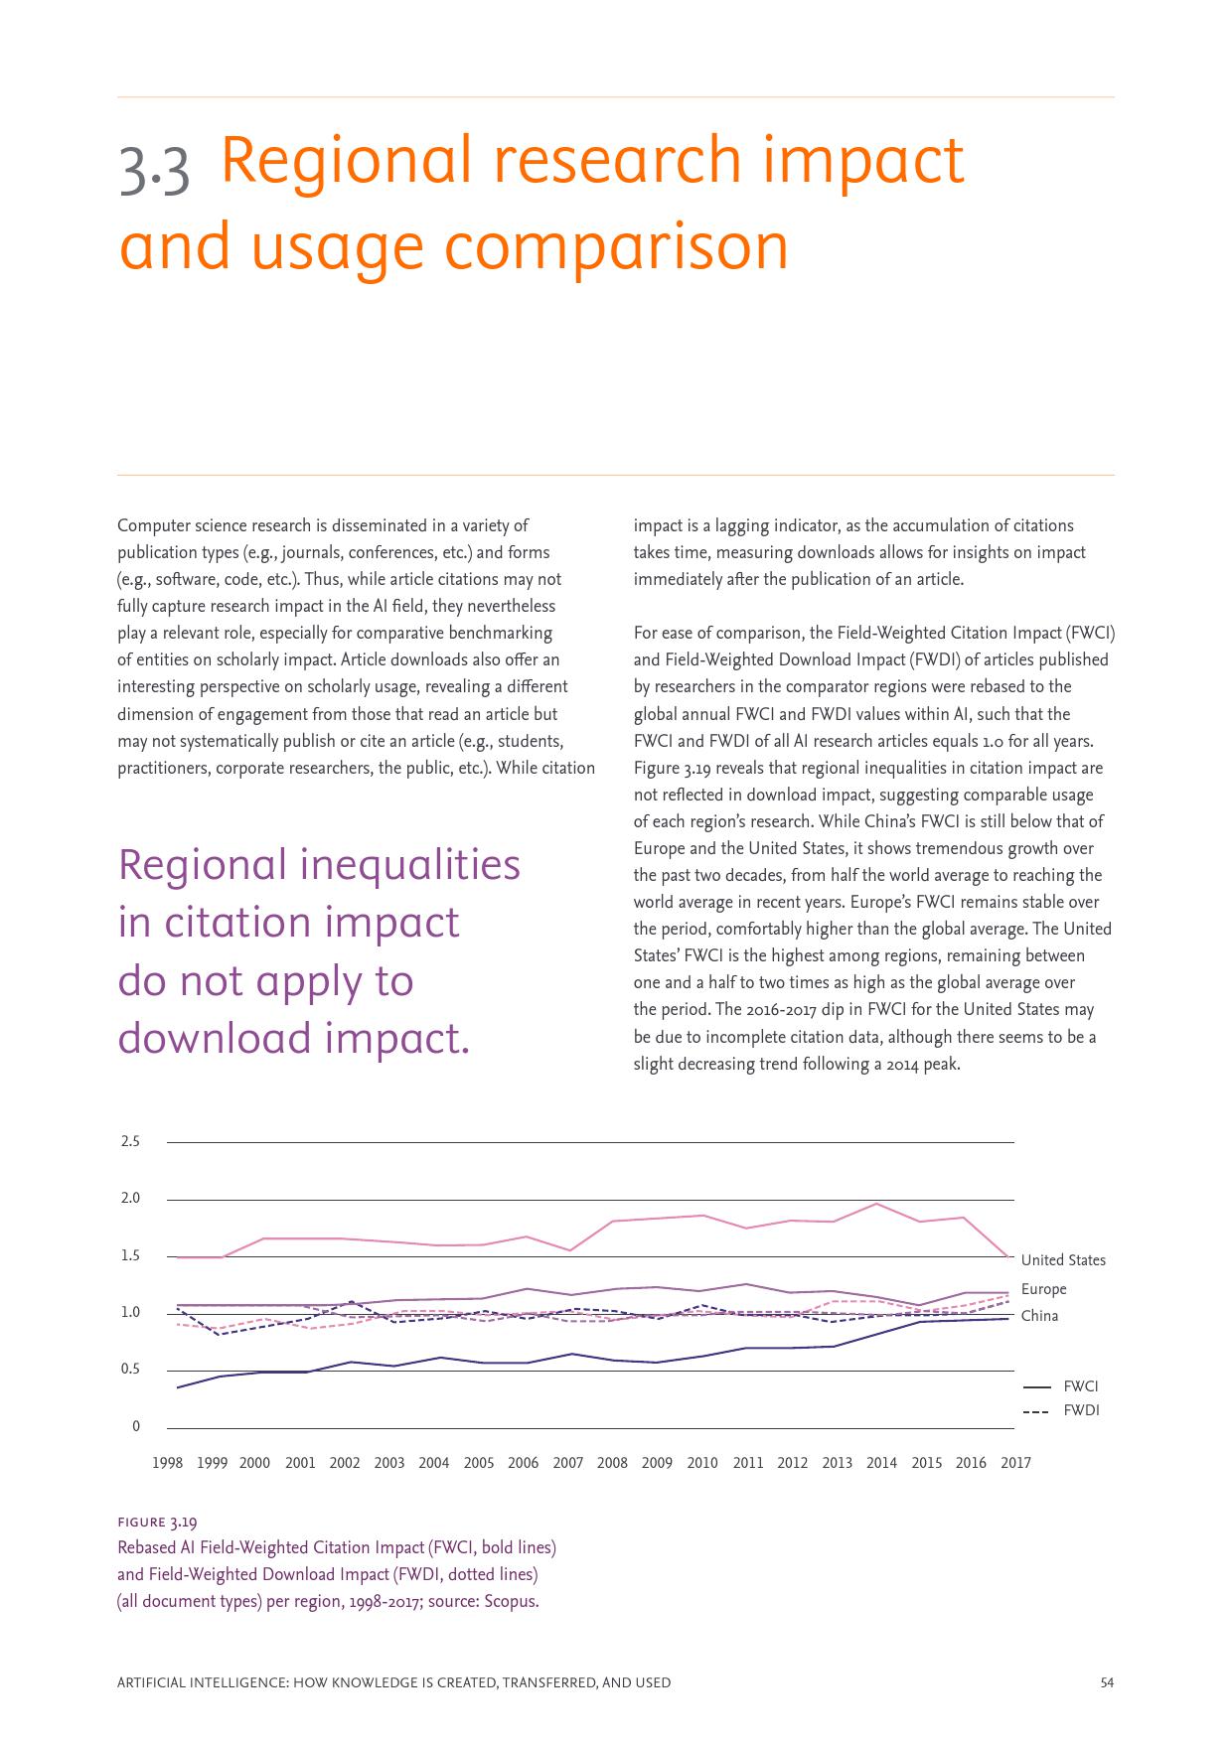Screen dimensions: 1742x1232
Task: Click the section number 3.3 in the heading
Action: point(154,169)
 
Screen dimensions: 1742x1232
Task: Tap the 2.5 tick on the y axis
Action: point(130,1141)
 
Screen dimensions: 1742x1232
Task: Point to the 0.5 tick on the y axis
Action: point(130,1370)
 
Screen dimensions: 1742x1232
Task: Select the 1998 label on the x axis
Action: point(167,1463)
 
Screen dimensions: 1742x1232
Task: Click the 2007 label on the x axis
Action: point(568,1463)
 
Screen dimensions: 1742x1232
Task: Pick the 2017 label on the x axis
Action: point(1015,1463)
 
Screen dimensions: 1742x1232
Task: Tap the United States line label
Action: point(1063,1260)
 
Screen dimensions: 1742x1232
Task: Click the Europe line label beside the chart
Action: point(1043,1289)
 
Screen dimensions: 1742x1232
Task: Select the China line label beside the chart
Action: point(1039,1316)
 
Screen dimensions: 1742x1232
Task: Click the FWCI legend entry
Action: point(1080,1386)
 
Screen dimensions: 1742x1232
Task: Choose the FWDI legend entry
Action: point(1080,1410)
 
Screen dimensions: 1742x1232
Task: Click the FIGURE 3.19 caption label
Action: point(157,1523)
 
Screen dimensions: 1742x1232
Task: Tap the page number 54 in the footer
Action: point(1107,1682)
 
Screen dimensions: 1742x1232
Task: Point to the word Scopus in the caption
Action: point(510,1601)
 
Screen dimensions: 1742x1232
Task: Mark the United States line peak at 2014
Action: point(877,1204)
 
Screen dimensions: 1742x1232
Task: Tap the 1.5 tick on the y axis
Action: point(130,1256)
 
